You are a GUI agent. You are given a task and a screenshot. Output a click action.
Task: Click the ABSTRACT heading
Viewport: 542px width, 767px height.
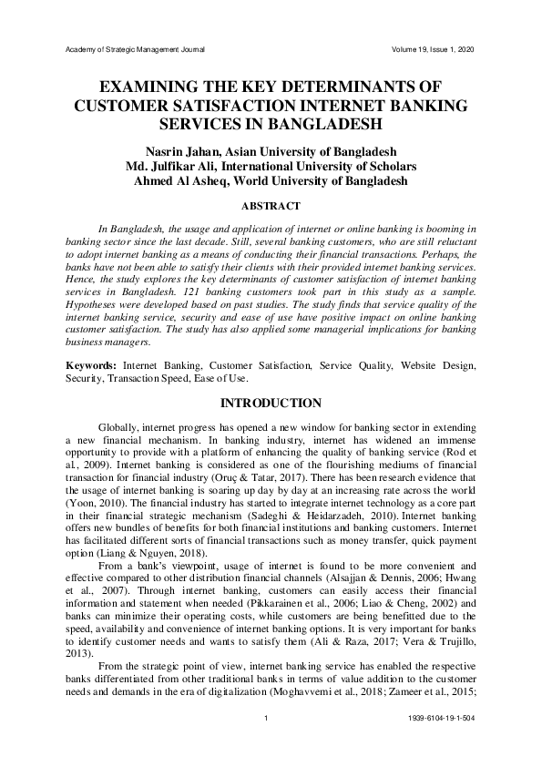coord(271,207)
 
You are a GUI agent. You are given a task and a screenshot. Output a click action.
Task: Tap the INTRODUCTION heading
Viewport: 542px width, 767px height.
coord(271,404)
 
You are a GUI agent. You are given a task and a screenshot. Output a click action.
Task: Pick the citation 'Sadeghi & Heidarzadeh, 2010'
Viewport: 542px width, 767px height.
coord(283,515)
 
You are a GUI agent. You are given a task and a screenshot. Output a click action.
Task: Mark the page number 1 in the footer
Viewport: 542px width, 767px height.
coord(271,720)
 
